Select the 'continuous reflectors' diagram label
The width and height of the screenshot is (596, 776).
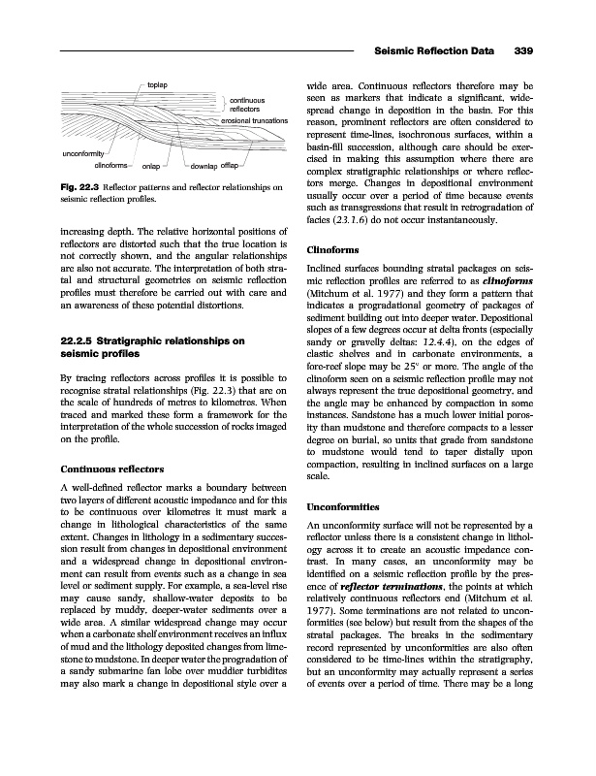248,104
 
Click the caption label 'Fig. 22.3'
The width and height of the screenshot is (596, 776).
82,185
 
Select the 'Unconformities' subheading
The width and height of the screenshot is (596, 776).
344,507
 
